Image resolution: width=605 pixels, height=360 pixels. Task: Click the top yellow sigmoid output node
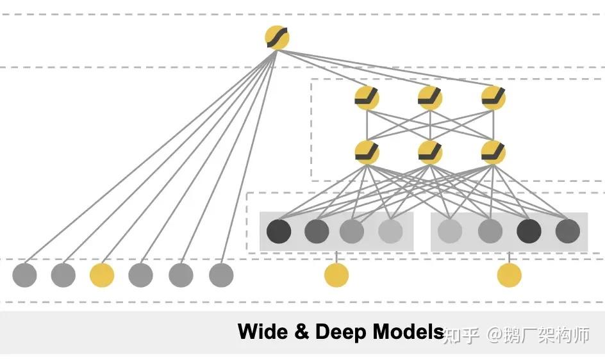point(277,37)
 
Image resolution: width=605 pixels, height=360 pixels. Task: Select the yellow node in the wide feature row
point(102,275)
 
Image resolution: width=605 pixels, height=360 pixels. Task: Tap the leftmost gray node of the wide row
point(24,275)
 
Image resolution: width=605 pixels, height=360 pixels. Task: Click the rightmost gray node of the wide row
point(221,275)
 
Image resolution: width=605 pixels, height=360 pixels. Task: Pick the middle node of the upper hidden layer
point(430,97)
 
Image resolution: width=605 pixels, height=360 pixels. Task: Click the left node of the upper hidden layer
point(367,97)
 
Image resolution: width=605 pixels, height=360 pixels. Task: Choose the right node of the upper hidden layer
point(493,97)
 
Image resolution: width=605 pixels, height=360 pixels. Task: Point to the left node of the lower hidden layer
point(367,152)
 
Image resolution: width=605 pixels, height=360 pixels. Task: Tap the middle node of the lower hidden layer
point(430,152)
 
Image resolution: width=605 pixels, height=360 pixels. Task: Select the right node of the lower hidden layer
point(493,152)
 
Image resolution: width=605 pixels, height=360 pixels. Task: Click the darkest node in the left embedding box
point(279,231)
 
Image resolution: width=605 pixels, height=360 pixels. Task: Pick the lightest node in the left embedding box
point(390,231)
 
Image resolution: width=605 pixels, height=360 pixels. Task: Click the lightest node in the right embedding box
point(450,231)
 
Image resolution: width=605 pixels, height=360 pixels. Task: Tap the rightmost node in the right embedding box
point(568,231)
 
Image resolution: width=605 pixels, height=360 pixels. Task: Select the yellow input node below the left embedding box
point(336,275)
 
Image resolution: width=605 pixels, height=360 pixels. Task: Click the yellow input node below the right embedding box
point(510,275)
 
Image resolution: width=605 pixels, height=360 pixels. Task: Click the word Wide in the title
point(262,332)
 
